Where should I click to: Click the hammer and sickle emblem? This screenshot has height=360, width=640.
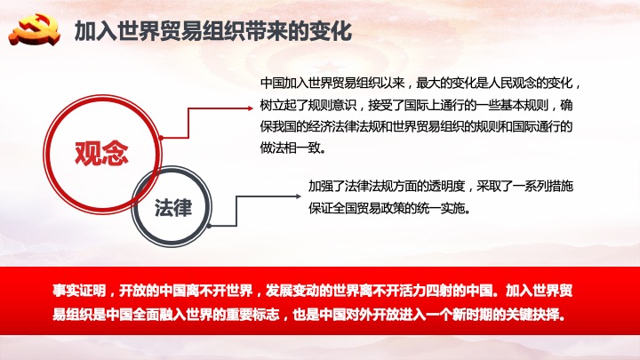[35, 30]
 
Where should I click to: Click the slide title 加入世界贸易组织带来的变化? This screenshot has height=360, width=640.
[213, 31]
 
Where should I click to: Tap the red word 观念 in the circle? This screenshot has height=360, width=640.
[101, 153]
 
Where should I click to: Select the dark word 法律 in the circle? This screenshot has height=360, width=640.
[173, 207]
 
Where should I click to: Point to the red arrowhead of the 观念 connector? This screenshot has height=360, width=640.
[250, 108]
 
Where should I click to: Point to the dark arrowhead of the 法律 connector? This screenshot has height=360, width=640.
[298, 196]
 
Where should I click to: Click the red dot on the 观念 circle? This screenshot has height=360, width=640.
[162, 138]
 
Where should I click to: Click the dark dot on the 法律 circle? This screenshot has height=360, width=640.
[209, 226]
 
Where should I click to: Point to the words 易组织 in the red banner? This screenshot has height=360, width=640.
[73, 315]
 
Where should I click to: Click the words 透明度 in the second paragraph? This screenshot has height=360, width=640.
[446, 186]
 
